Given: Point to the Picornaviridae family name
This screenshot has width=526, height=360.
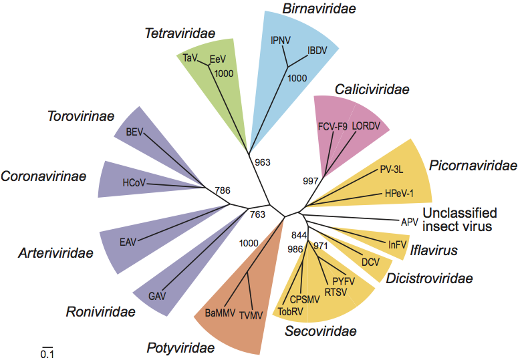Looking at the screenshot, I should [x=473, y=165].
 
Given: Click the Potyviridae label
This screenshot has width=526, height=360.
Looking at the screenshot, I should [x=180, y=347].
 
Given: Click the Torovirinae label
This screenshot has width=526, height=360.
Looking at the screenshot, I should [x=81, y=116].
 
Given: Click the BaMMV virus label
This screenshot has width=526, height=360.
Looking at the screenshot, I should [x=221, y=311].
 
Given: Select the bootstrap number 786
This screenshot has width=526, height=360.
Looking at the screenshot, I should [x=223, y=190].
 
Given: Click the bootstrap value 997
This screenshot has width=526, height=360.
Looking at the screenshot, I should [x=311, y=181].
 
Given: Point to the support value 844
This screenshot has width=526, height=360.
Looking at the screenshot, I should [x=298, y=234].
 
